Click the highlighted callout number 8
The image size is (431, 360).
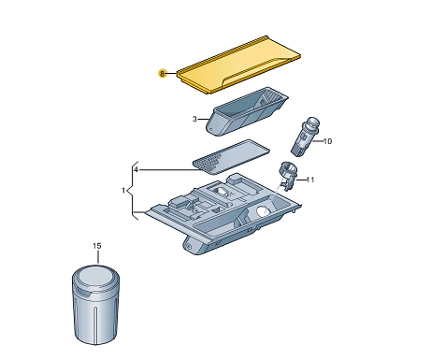click(x=162, y=74)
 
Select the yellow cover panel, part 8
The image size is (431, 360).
click(x=238, y=65)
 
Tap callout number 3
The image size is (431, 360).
click(x=194, y=119)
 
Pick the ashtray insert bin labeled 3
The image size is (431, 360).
click(x=247, y=111)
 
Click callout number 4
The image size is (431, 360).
click(x=136, y=170)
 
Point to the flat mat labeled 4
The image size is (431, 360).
click(x=231, y=157)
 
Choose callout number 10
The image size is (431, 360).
click(x=327, y=141)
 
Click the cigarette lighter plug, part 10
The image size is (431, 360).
click(x=305, y=137)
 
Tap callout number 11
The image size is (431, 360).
click(x=310, y=180)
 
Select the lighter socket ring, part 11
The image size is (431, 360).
click(x=288, y=175)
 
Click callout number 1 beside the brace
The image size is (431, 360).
click(x=123, y=190)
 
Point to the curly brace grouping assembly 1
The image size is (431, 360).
click(x=133, y=190)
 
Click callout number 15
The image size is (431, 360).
click(x=97, y=246)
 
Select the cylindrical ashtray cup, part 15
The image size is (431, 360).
click(x=95, y=304)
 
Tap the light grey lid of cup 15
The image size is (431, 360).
click(x=95, y=277)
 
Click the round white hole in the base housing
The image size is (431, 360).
click(x=263, y=211)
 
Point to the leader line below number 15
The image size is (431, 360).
click(x=98, y=257)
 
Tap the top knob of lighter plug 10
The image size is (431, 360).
click(x=313, y=122)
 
